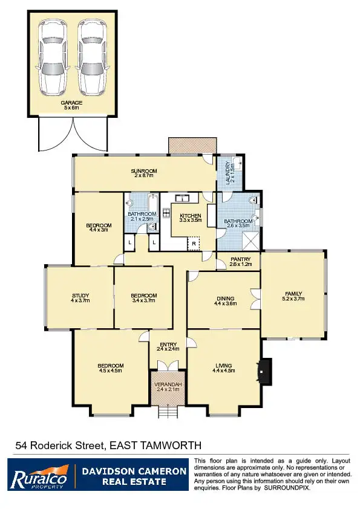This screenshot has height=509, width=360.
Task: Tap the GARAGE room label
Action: click(71, 103)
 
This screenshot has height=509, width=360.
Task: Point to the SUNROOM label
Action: click(144, 172)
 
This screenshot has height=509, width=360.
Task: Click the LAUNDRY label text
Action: click(228, 173)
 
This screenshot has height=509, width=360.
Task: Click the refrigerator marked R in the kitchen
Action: click(194, 244)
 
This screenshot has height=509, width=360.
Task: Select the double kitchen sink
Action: click(182, 197)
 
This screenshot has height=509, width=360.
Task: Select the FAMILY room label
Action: click(293, 295)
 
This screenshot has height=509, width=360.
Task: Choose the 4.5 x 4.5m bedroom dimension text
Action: click(111, 371)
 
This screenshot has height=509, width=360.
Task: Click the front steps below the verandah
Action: click(166, 412)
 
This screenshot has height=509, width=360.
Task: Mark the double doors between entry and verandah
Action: click(166, 365)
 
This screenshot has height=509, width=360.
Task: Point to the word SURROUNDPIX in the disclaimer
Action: click(287, 487)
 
